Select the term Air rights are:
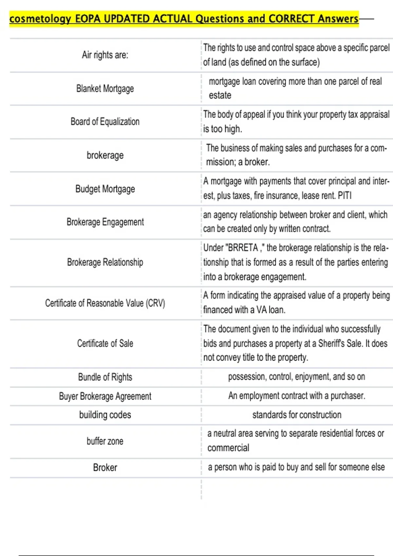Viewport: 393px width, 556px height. point(105,55)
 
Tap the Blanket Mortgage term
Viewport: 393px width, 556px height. point(105,89)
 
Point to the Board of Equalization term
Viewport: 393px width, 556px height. point(105,122)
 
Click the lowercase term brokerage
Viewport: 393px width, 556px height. point(105,155)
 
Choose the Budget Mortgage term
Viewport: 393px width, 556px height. point(105,189)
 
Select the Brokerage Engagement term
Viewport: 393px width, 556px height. point(105,222)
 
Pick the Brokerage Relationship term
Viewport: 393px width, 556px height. point(105,262)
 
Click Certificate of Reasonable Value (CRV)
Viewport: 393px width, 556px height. point(105,303)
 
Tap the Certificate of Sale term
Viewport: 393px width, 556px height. point(105,343)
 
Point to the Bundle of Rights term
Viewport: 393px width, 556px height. point(105,377)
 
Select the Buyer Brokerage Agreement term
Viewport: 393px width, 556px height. point(105,396)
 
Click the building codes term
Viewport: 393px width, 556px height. point(105,415)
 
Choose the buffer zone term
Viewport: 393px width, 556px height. point(105,441)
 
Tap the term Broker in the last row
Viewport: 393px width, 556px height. point(105,468)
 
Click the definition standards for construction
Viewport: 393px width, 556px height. point(297,415)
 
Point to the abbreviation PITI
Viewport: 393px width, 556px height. point(345,196)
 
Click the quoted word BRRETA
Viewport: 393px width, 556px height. point(243,248)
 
